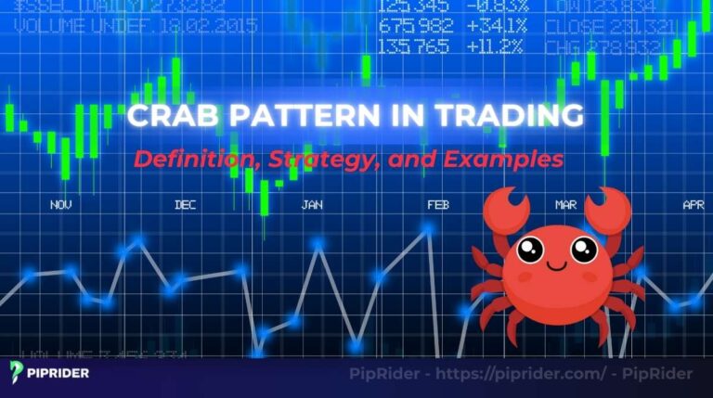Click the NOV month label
click(x=61, y=204)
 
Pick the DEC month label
click(x=186, y=204)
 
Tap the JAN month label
click(x=312, y=204)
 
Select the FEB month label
click(x=438, y=204)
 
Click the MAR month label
click(x=565, y=204)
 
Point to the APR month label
click(x=693, y=204)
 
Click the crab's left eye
click(x=530, y=249)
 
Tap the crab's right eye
click(x=584, y=249)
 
